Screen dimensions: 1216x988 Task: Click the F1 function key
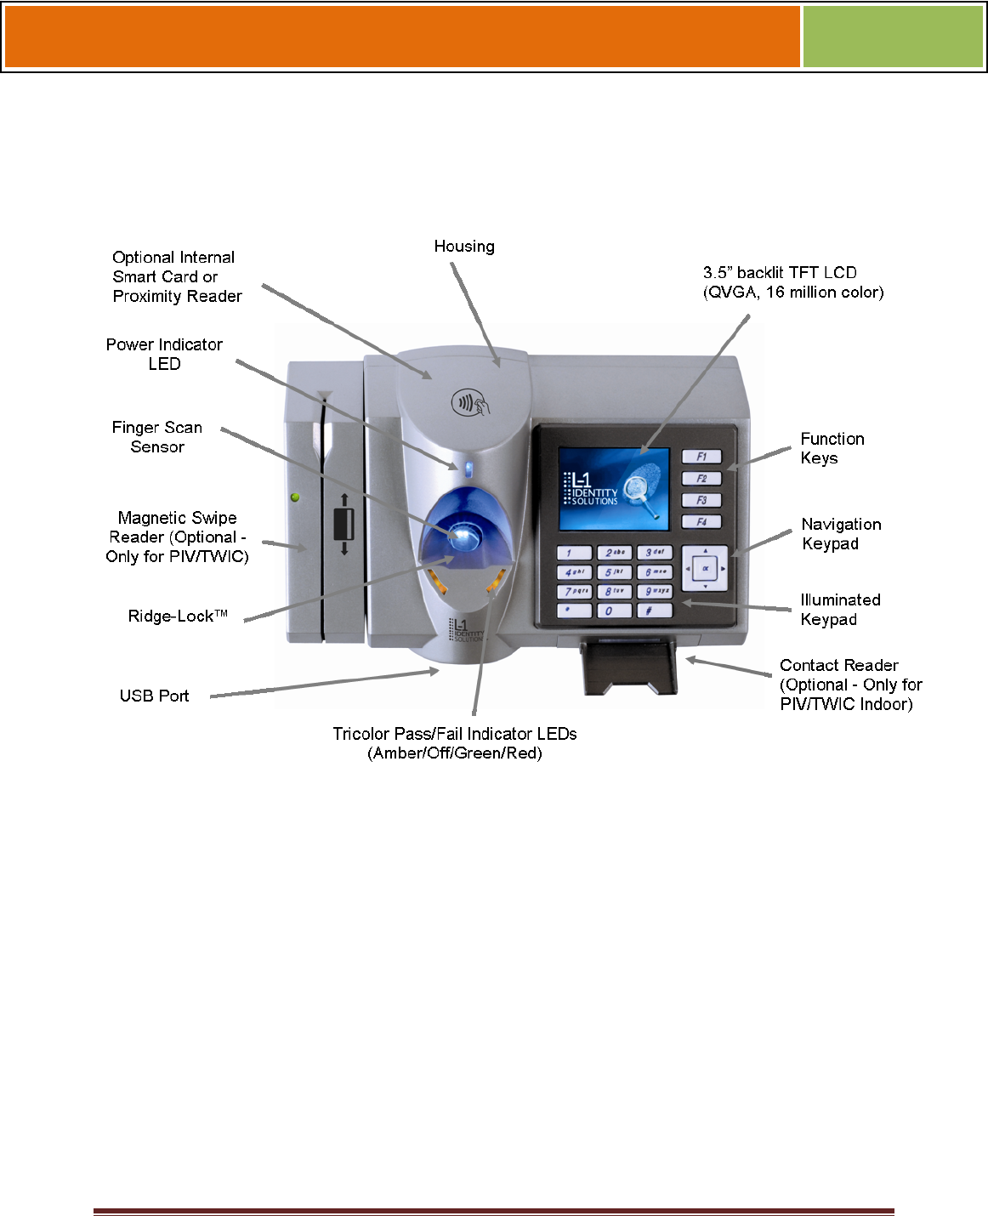[x=701, y=457]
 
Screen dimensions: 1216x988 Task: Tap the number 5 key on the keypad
[x=614, y=572]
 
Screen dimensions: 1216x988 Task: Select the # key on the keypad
[x=653, y=611]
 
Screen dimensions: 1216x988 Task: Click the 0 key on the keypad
[x=614, y=611]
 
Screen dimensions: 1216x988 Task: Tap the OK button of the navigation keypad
[x=705, y=568]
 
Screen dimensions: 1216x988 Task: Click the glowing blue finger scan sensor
[x=463, y=536]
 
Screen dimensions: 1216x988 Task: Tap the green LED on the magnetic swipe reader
[x=295, y=497]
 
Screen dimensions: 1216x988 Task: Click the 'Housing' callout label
[x=464, y=247]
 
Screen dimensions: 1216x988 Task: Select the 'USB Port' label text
[x=154, y=696]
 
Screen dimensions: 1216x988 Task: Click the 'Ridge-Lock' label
[x=178, y=617]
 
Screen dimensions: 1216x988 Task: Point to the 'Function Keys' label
[x=832, y=448]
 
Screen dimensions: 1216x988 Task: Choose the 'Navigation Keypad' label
[x=841, y=534]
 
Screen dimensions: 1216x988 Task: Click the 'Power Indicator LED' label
[x=164, y=354]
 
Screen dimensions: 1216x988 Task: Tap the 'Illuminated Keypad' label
[x=840, y=610]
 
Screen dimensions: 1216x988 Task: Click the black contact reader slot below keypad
[x=629, y=668]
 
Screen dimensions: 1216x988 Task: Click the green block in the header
[x=893, y=37]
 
